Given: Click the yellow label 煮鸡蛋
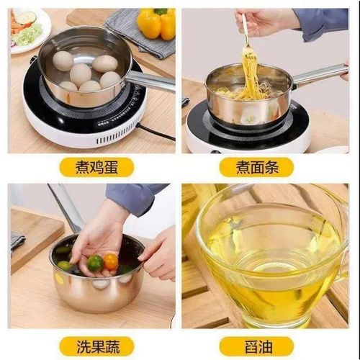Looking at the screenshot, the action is (x=96, y=167).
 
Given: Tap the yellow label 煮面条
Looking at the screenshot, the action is (x=256, y=167).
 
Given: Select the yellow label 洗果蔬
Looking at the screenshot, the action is (x=96, y=346).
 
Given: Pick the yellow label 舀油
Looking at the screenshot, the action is (x=256, y=346).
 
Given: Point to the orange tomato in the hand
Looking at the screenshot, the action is (x=111, y=262).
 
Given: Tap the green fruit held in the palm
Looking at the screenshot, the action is (x=95, y=264).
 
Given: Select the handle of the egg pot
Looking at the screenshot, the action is (x=150, y=81).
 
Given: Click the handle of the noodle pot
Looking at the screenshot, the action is (x=320, y=74).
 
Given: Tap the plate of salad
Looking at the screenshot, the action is (x=30, y=29).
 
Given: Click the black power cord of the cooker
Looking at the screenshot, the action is (x=156, y=132).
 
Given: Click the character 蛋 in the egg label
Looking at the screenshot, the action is (x=111, y=167).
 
